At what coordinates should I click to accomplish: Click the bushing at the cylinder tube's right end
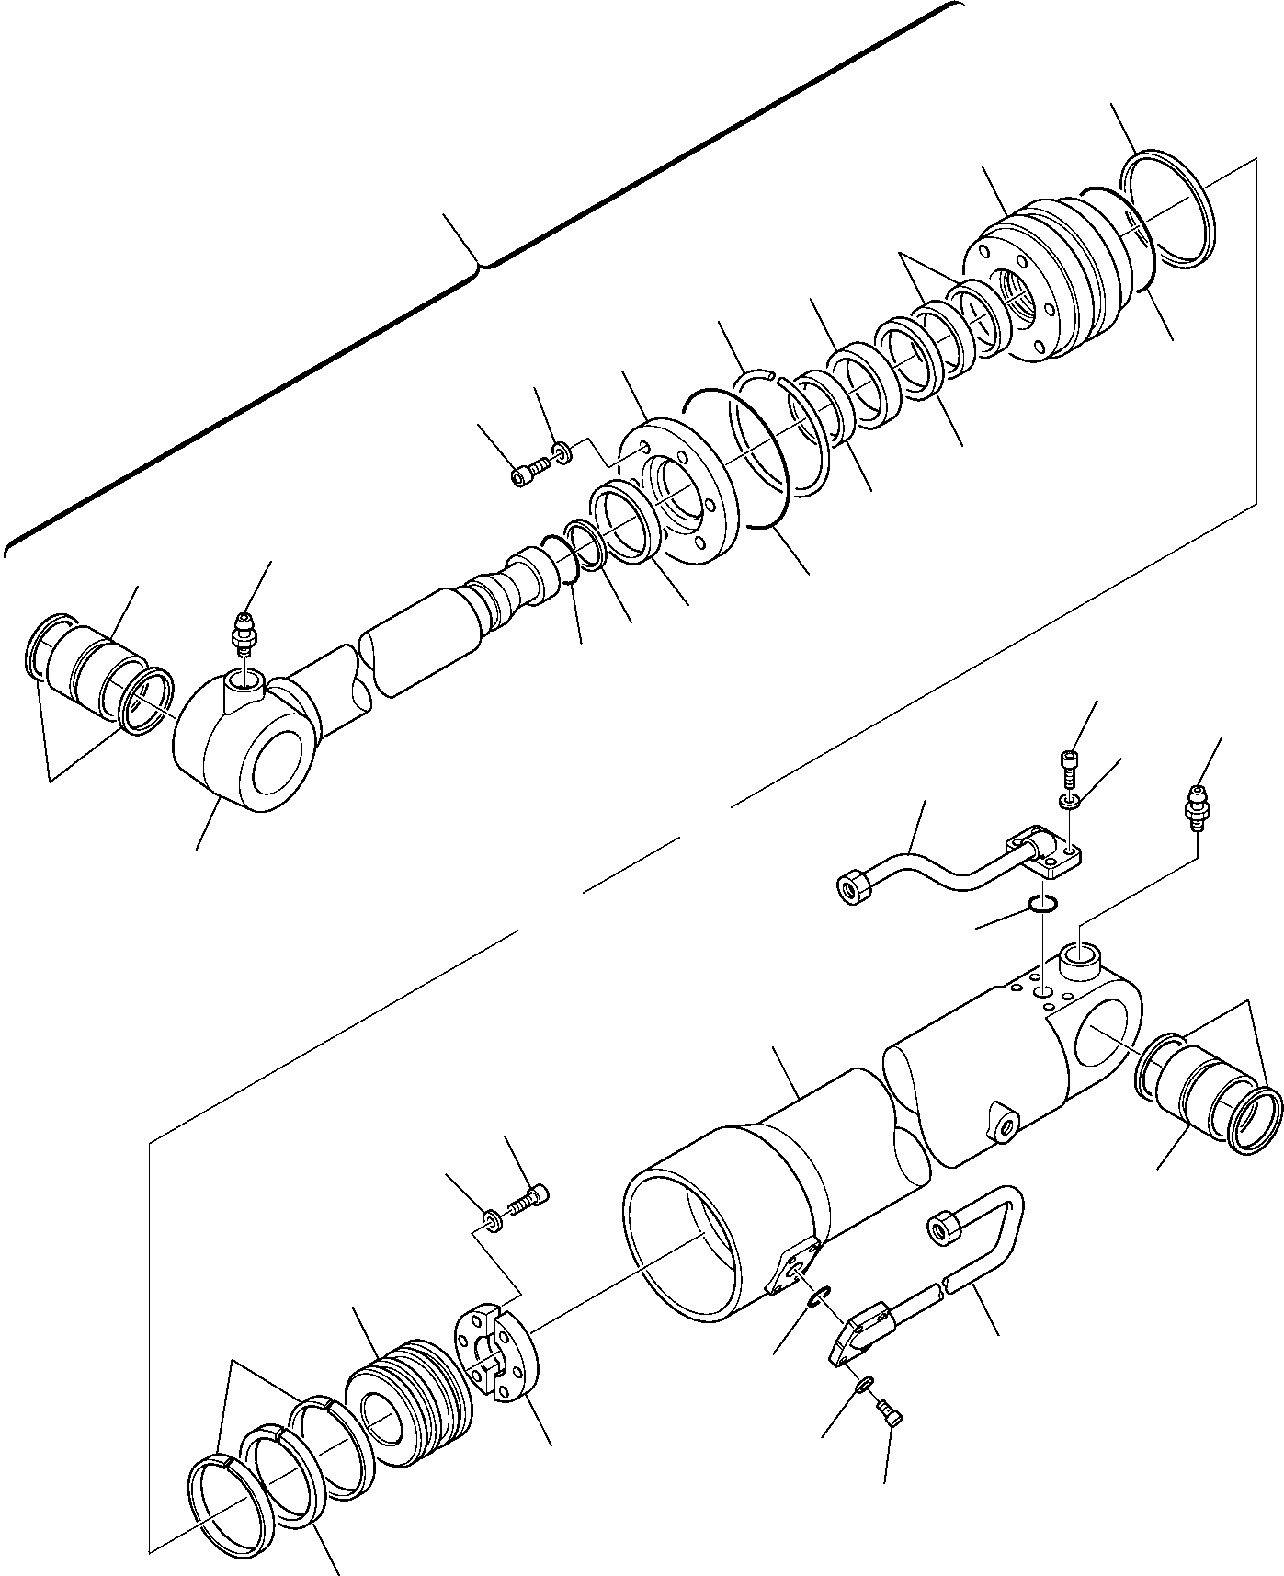(1199, 1093)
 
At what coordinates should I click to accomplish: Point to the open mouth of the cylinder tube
(699, 1241)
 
